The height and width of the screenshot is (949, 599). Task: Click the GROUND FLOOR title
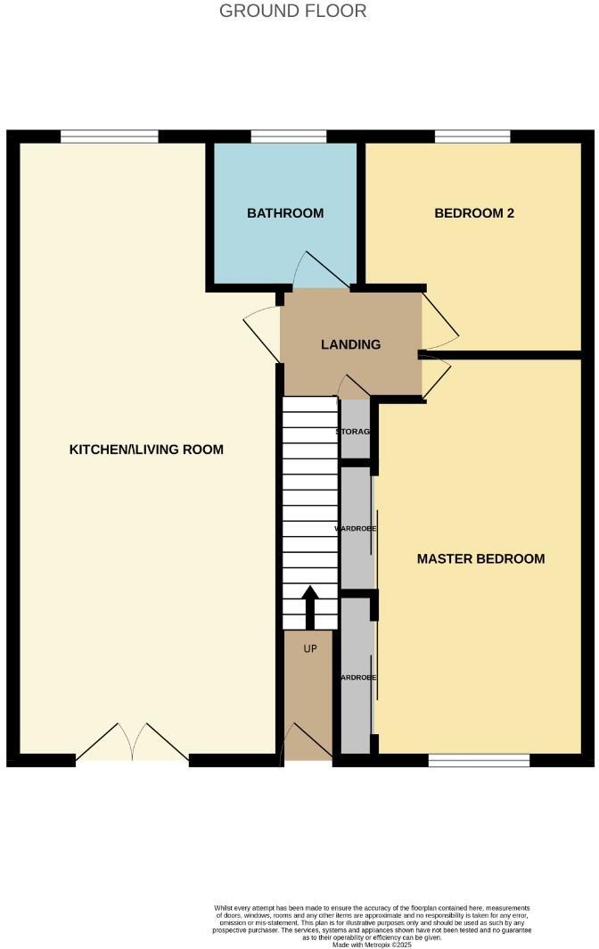pos(292,12)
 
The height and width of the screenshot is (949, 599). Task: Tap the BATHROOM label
pos(285,213)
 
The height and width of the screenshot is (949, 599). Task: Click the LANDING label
pos(351,344)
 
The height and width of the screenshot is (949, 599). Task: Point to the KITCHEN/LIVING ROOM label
pos(146,450)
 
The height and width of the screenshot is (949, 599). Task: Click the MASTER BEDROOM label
pos(480,559)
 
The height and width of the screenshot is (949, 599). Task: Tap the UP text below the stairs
pos(310,648)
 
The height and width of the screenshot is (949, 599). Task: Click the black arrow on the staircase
pos(310,607)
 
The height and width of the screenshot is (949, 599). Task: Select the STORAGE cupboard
pos(356,431)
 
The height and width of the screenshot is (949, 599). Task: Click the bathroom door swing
pos(312,270)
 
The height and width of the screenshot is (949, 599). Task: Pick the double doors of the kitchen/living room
pos(132,744)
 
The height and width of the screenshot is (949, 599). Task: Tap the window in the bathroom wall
pos(288,136)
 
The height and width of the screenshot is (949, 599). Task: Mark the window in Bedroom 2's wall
pos(472,136)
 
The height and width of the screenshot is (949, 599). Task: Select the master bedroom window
pos(479,760)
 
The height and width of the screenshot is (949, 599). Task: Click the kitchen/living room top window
pos(110,136)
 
